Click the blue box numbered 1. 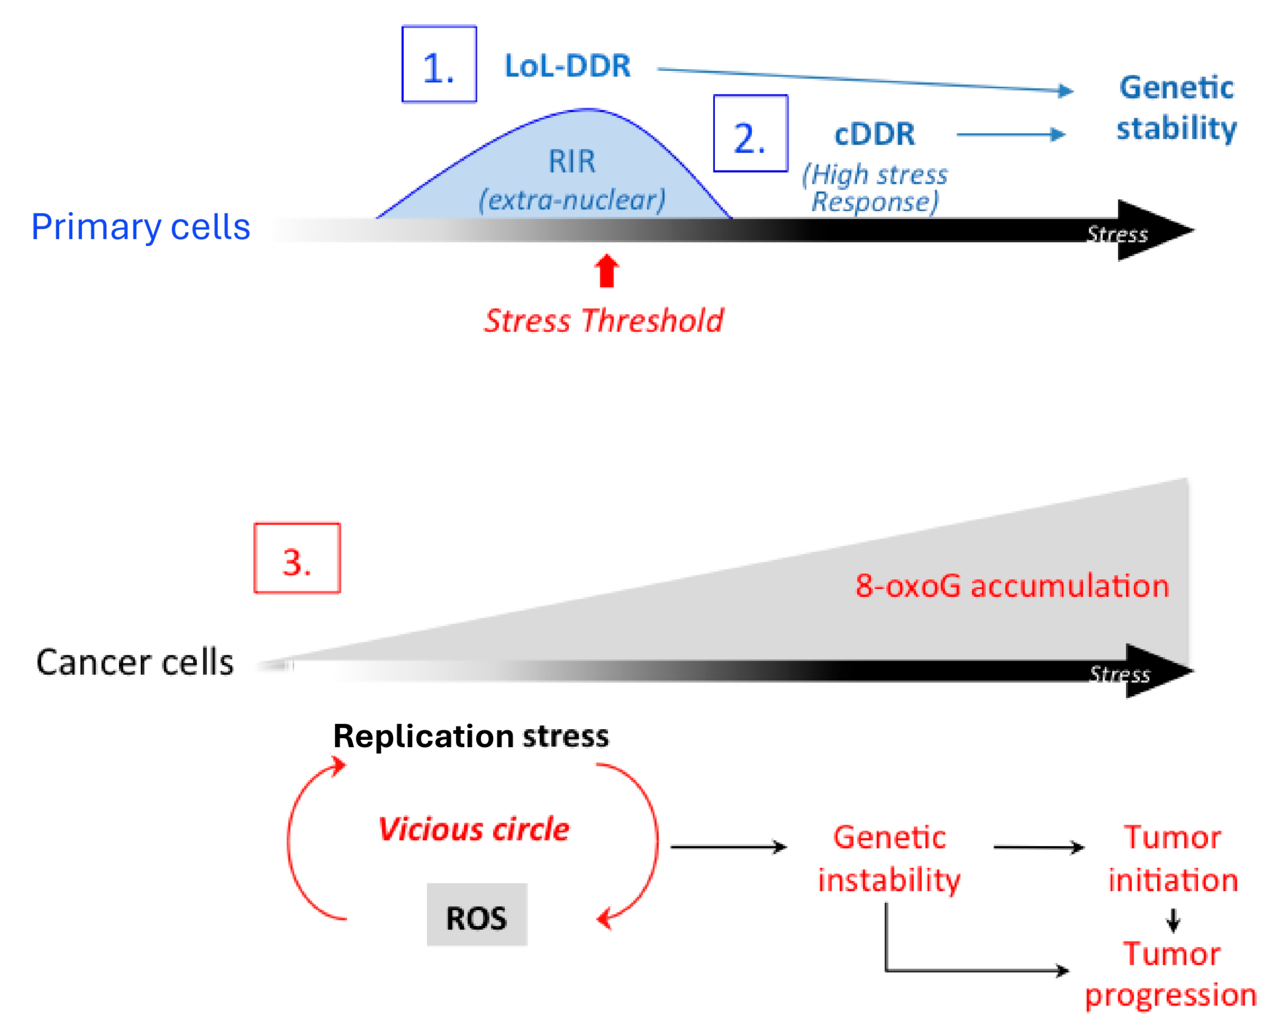click(439, 64)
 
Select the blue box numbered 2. click(750, 133)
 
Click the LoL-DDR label click(567, 65)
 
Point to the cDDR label click(874, 134)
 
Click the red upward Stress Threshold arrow click(607, 271)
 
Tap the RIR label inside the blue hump click(572, 161)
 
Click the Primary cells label click(140, 227)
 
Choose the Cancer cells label click(134, 662)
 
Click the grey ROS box click(477, 914)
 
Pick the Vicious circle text click(473, 829)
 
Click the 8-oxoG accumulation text click(1012, 586)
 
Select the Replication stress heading click(471, 736)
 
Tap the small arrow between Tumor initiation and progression click(1173, 920)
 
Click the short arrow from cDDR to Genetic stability click(1011, 134)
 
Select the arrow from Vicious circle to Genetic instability click(728, 847)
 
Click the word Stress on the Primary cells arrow click(1117, 234)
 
